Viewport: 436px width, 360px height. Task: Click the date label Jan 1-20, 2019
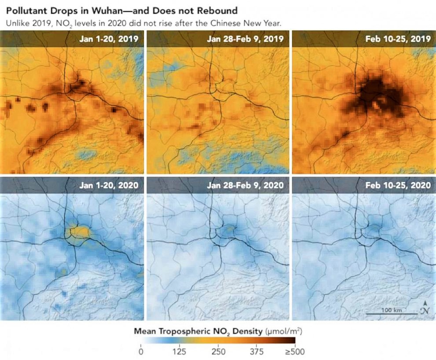click(109, 39)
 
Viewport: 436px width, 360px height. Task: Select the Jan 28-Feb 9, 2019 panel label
click(244, 39)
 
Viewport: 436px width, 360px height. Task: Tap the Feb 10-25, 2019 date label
click(398, 39)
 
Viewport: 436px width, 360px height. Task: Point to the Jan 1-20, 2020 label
click(109, 185)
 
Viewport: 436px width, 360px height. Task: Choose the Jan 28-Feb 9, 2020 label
click(244, 185)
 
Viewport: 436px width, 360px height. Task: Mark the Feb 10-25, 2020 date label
click(398, 185)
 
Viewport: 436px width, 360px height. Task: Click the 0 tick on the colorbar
click(140, 351)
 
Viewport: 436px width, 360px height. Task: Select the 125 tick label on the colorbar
click(179, 351)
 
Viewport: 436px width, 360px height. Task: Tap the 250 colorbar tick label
click(218, 351)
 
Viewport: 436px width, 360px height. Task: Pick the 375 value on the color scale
click(257, 351)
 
